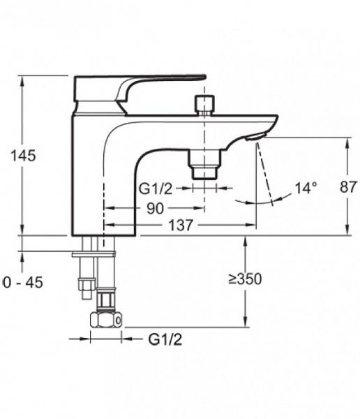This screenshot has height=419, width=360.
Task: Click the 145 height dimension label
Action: coord(23,156)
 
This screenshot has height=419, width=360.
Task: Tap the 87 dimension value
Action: coord(348,186)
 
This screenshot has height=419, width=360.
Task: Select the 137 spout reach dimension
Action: coord(181,225)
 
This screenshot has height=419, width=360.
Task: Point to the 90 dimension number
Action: coord(155,208)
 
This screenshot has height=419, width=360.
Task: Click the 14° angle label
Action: coord(306,188)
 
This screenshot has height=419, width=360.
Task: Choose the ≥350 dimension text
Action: coord(245,279)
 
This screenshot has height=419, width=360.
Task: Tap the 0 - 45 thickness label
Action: coord(23,282)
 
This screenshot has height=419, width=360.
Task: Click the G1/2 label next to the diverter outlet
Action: coord(156,189)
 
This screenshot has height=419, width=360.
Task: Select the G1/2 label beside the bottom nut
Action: coord(165,339)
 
